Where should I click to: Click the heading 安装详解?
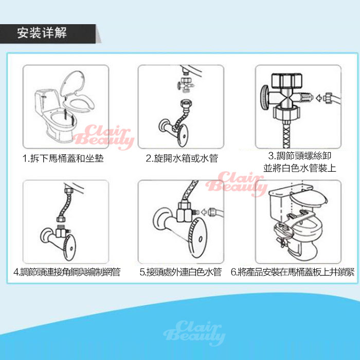(42, 33)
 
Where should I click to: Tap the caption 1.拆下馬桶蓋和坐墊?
(63, 158)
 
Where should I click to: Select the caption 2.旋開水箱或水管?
(182, 158)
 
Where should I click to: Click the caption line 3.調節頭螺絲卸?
(300, 156)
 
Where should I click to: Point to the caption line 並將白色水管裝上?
(300, 168)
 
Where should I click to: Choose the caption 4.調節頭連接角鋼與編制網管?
(67, 272)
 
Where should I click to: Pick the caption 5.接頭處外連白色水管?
(181, 272)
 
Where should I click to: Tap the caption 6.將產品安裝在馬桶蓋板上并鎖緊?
(293, 272)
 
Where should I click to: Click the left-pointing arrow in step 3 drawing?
(319, 98)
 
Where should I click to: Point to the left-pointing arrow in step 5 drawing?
(204, 212)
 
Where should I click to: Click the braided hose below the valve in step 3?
(286, 134)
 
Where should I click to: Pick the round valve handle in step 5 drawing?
(197, 238)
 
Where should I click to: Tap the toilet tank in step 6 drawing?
(281, 207)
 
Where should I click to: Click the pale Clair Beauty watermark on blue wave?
(194, 333)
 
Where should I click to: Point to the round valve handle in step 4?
(69, 248)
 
